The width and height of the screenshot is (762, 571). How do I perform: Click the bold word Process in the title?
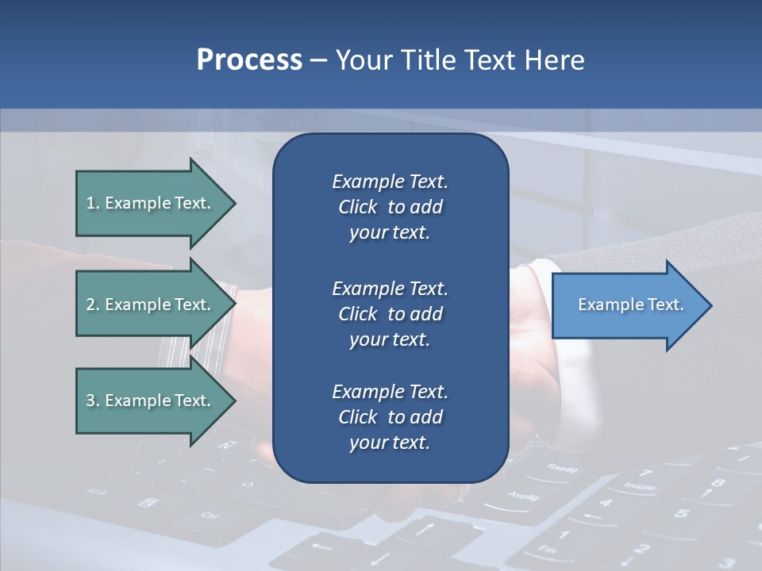coord(249,60)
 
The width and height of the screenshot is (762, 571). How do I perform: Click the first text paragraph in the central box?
coord(390,207)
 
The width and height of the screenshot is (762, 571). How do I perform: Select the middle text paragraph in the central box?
coord(390,314)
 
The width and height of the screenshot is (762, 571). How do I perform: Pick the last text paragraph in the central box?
coord(390,417)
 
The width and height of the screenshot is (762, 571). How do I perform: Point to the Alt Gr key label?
coord(95,491)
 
